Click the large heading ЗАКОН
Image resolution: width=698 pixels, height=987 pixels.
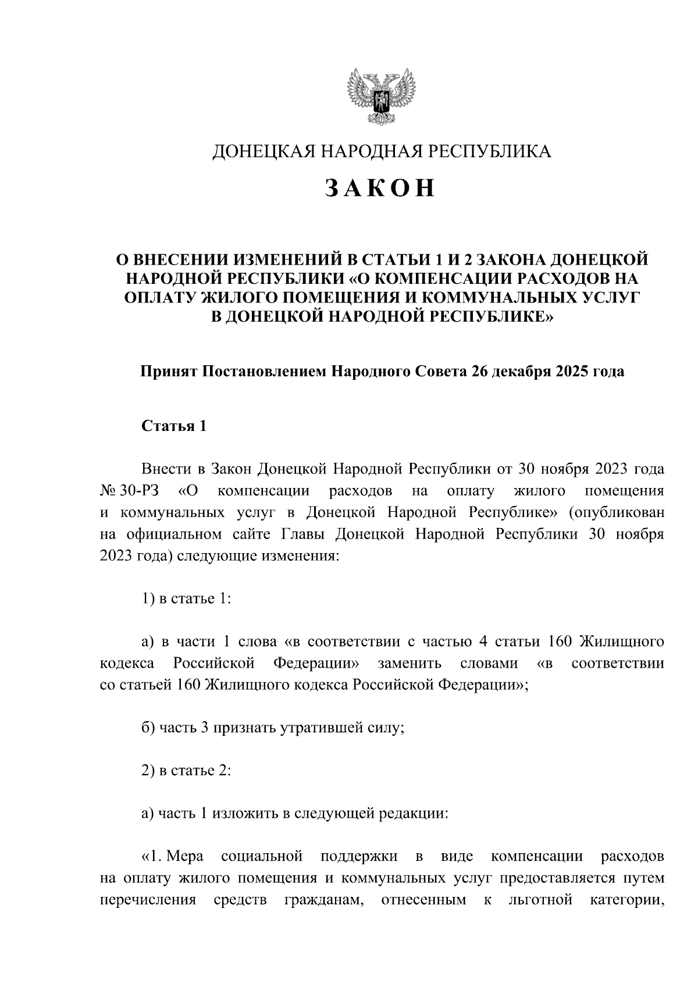pyautogui.click(x=380, y=188)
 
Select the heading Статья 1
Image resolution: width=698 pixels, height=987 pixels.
pyautogui.click(x=174, y=426)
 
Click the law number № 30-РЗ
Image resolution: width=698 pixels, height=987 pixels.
pyautogui.click(x=130, y=491)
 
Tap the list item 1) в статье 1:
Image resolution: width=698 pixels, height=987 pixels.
pyautogui.click(x=186, y=598)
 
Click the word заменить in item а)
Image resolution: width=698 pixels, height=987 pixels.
pyautogui.click(x=409, y=664)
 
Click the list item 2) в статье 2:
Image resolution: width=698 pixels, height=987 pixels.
pyautogui.click(x=186, y=771)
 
